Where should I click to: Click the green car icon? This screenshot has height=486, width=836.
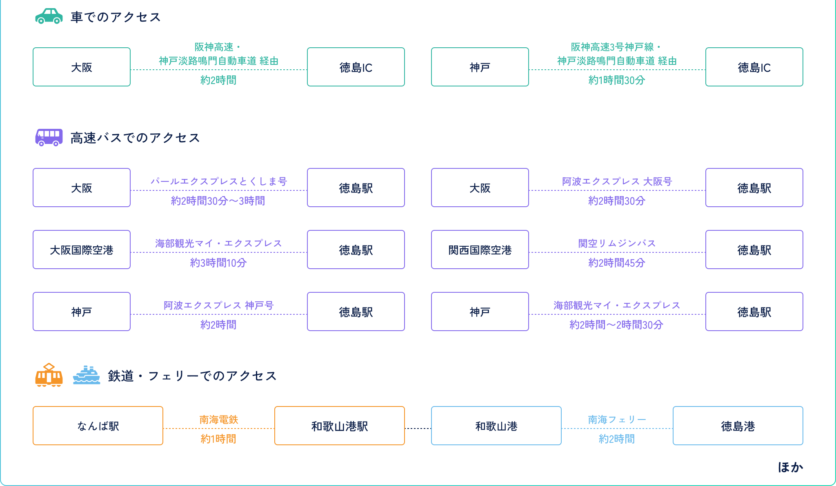(x=49, y=16)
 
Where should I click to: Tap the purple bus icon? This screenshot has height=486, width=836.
(x=49, y=137)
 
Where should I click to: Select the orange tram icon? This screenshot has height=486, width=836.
(x=49, y=375)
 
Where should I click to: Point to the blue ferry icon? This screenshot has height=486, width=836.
(x=86, y=375)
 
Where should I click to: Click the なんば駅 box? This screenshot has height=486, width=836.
(x=98, y=426)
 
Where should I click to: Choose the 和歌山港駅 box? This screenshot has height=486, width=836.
(x=339, y=426)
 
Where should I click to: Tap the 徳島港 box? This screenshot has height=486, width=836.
(x=738, y=426)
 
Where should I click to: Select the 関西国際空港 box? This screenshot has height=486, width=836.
(x=480, y=250)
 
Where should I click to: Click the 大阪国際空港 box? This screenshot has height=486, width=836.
(x=82, y=250)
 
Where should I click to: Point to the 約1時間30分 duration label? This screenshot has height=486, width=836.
(x=616, y=80)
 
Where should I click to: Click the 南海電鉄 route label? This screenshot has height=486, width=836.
(x=218, y=419)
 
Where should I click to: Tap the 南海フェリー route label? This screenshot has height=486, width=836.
(x=617, y=419)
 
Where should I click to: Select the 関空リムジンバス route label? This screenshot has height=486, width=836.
(x=617, y=243)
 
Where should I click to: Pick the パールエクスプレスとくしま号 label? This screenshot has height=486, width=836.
(x=219, y=181)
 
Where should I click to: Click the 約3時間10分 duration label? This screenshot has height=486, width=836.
(x=218, y=263)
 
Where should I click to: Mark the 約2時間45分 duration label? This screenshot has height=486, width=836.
(x=616, y=263)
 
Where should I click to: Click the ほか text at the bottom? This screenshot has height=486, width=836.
(x=790, y=467)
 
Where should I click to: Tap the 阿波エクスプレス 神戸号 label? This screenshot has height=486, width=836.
(x=218, y=305)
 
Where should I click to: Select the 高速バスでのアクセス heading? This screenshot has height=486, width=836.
(x=135, y=138)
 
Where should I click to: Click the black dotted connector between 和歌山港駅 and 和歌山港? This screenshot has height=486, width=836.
(x=418, y=428)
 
